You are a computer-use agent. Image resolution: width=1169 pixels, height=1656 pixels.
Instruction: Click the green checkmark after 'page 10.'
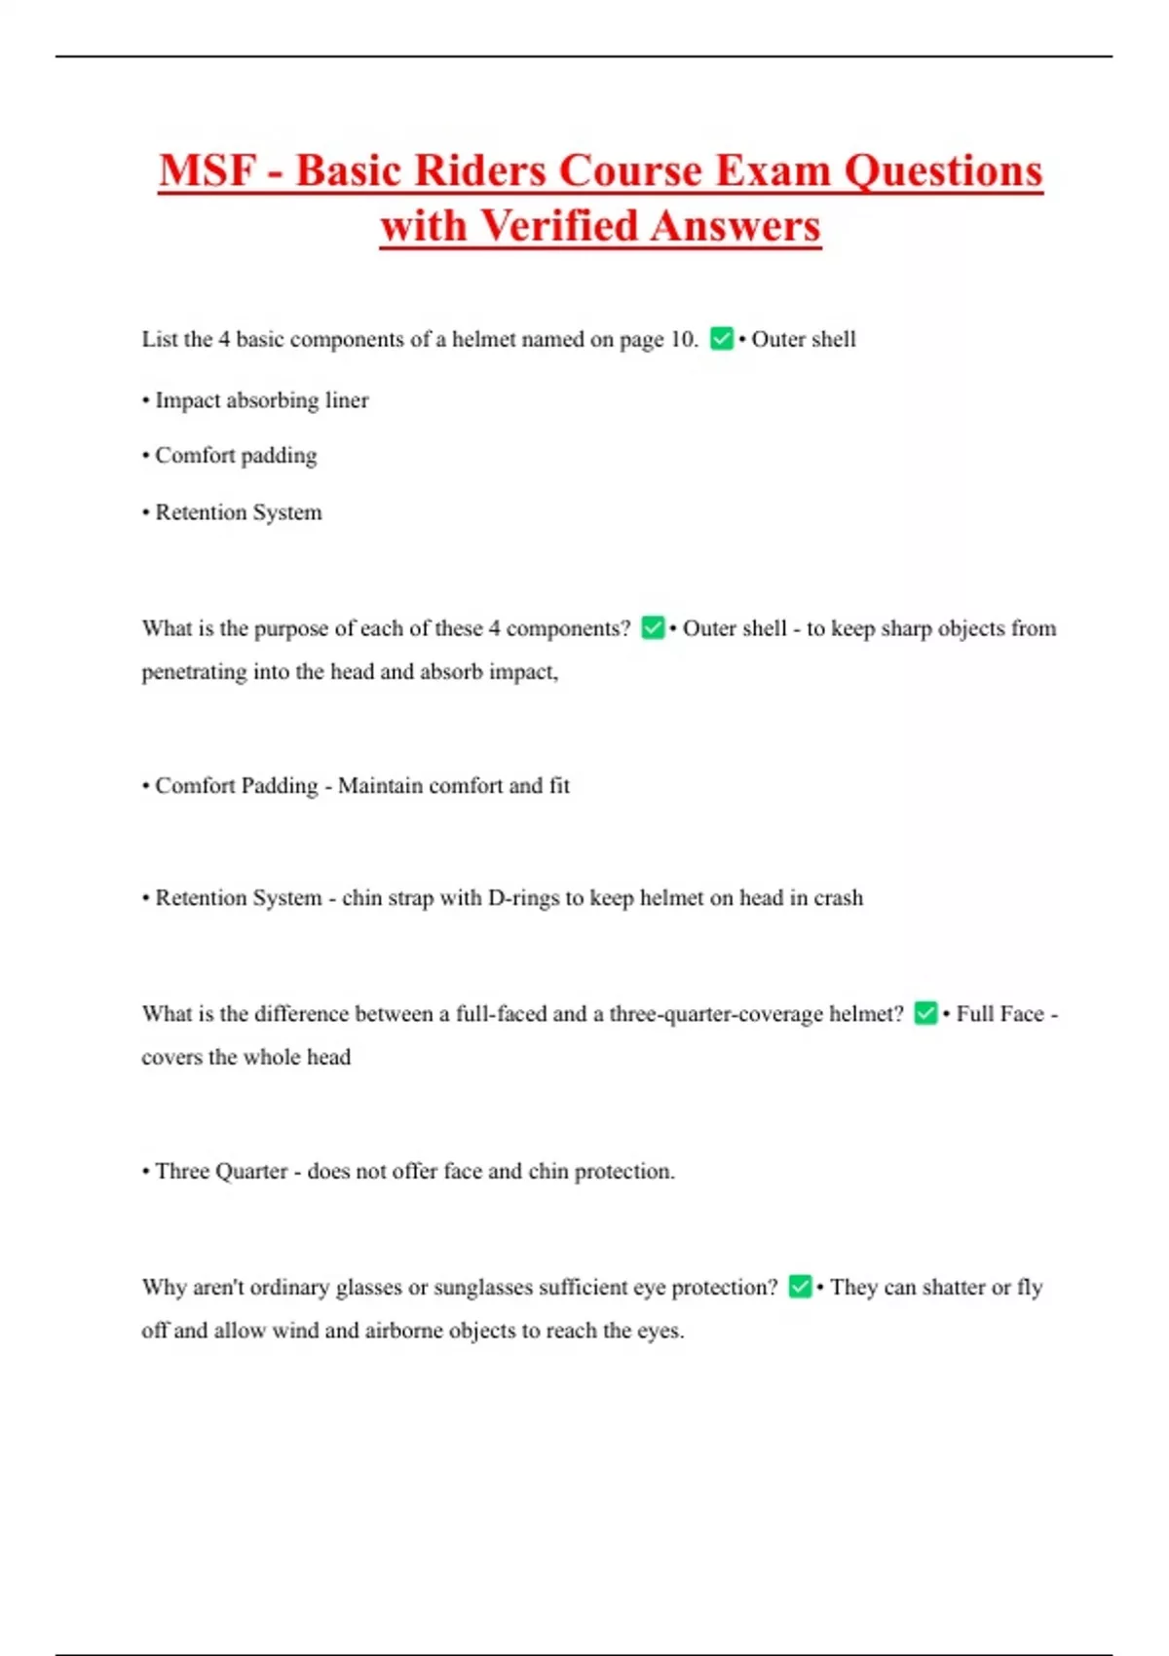[x=722, y=339]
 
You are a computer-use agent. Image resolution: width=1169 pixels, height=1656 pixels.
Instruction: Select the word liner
[x=347, y=400]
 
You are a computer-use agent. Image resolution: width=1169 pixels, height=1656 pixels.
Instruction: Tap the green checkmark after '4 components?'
[x=653, y=628]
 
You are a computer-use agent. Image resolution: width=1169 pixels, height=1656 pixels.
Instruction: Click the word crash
[x=839, y=898]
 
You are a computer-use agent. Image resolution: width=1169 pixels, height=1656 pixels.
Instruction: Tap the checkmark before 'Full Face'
[x=925, y=1014]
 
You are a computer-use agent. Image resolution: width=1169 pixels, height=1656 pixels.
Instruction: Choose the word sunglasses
[x=483, y=1288]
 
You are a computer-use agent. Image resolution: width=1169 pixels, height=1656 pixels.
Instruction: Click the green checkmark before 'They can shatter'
[x=800, y=1287]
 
